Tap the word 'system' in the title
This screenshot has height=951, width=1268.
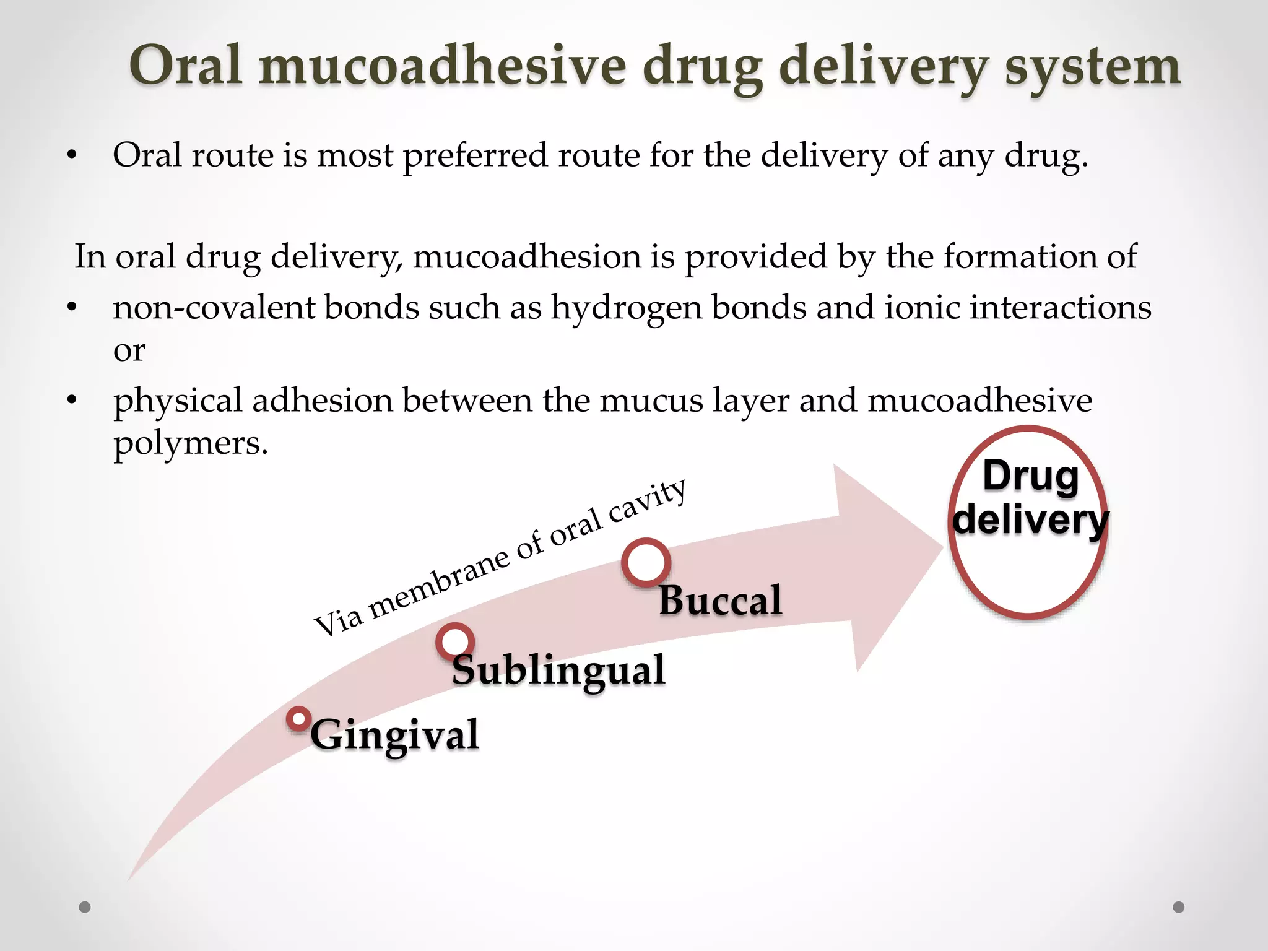(x=1092, y=67)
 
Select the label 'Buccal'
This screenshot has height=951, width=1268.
(x=720, y=601)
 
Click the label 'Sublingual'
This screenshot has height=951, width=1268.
(x=558, y=671)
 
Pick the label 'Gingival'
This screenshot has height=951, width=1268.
(x=395, y=735)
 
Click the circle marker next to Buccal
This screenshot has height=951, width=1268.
(x=646, y=563)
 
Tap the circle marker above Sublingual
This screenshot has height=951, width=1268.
(x=455, y=641)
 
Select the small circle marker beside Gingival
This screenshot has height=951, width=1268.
(x=298, y=719)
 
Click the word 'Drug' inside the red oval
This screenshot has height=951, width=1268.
(x=1031, y=476)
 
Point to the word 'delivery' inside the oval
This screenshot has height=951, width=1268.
(x=1031, y=519)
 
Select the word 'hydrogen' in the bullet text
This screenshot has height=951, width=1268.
(x=627, y=308)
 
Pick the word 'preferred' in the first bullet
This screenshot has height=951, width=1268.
(x=475, y=155)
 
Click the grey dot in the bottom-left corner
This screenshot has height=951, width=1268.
(x=85, y=907)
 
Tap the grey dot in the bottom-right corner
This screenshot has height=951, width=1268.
(x=1179, y=907)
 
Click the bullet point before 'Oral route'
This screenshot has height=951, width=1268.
(x=72, y=156)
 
